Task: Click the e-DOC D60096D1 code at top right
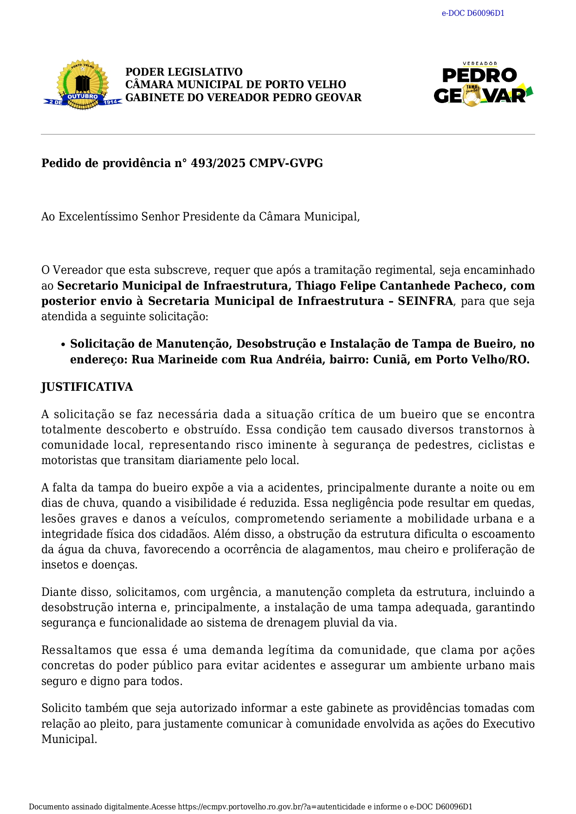tap(472, 13)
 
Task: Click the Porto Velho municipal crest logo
tap(83, 85)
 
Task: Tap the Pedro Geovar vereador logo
tap(483, 84)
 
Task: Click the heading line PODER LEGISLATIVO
tap(184, 72)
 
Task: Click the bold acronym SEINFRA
tap(425, 301)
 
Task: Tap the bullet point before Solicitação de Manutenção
tap(63, 344)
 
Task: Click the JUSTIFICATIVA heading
tap(87, 387)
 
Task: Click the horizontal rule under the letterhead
tap(288, 135)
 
